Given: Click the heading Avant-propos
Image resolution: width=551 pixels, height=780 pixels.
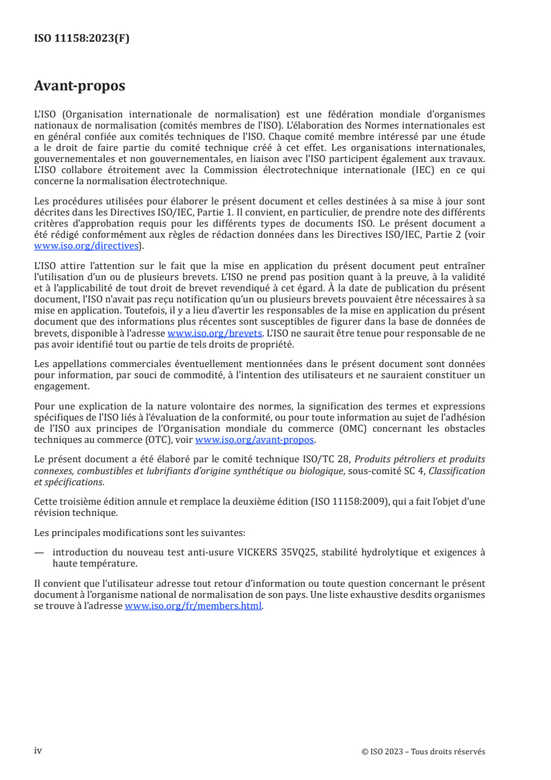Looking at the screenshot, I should click(x=79, y=86).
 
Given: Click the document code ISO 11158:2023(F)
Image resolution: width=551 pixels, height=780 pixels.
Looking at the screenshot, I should click(x=81, y=39).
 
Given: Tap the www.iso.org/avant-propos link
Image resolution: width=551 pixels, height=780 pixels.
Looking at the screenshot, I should click(x=255, y=440).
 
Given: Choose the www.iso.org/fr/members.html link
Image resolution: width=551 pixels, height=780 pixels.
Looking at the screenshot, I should click(x=193, y=606).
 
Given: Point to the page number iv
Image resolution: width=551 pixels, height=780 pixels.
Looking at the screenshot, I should click(x=38, y=751).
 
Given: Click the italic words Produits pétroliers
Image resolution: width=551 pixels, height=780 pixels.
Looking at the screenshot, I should click(x=389, y=460).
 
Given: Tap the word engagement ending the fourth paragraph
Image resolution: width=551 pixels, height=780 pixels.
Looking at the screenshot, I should click(x=63, y=387).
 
